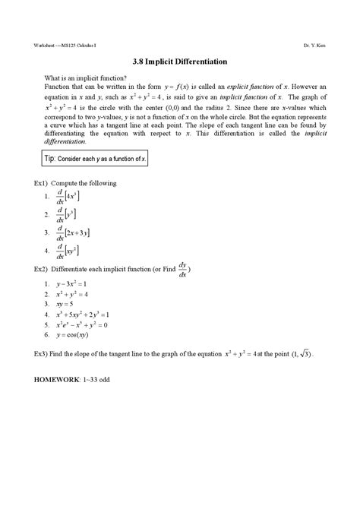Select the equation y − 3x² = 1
[x=77, y=284]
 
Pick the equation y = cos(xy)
[x=77, y=334]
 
